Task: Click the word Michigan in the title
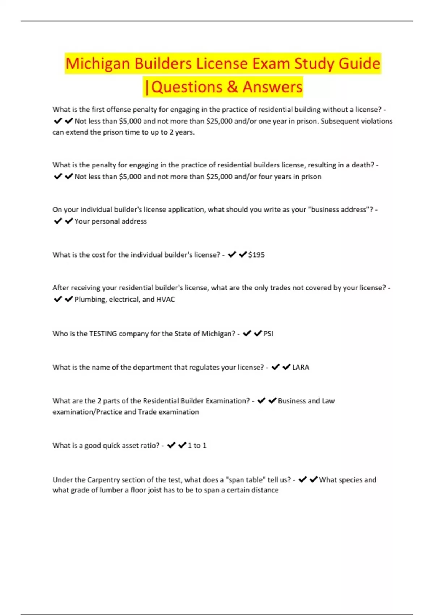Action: point(98,64)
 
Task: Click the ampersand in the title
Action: point(232,87)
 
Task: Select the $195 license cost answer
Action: point(256,255)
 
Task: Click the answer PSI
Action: point(268,334)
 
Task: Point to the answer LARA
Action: point(301,368)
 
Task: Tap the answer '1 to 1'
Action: point(197,446)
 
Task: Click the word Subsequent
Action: point(339,121)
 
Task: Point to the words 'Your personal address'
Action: point(111,221)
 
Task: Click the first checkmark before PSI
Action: point(247,334)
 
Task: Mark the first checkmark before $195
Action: point(232,255)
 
